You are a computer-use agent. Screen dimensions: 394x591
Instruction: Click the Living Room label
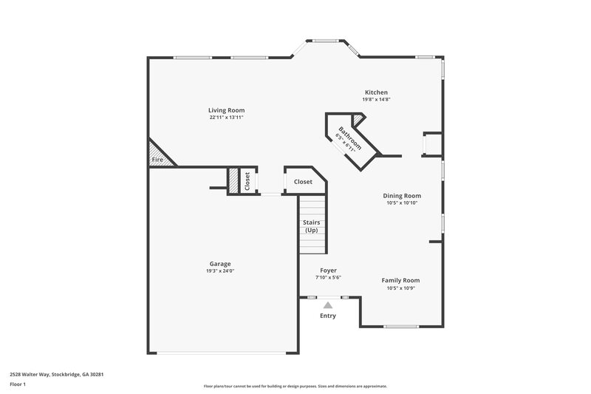226,110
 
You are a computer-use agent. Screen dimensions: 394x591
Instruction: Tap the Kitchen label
375,92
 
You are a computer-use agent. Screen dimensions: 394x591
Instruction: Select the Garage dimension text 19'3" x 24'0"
220,271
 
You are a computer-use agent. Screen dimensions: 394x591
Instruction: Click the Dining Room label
402,196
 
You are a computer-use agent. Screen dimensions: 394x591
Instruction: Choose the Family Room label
400,280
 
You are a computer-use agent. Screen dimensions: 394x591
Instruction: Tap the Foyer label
328,271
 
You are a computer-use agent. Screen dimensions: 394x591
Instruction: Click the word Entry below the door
328,316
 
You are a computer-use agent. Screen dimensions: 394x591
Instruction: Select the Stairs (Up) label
311,226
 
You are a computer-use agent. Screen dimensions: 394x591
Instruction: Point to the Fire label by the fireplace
157,160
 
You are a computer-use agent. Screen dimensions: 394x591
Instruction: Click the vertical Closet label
247,181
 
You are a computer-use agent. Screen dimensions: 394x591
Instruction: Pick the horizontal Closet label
303,181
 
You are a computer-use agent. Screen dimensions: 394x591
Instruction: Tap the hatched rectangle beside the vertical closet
233,181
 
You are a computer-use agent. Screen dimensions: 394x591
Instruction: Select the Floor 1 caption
18,385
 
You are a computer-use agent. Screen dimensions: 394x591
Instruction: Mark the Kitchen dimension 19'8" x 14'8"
375,100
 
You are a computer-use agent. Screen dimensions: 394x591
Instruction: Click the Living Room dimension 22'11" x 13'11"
226,118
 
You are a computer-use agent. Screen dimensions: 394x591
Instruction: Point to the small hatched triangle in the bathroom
358,120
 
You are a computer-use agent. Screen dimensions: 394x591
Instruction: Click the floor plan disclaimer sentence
295,386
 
